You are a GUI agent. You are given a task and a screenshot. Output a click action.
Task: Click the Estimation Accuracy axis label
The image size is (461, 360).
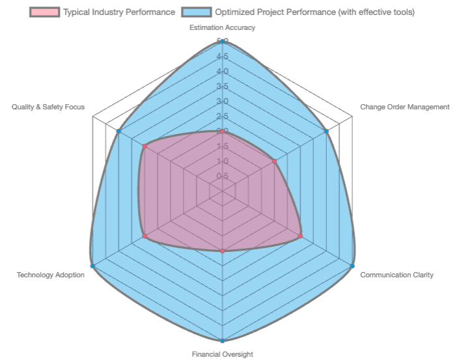pyautogui.click(x=222, y=27)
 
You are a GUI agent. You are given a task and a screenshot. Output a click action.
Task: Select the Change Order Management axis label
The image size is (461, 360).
pyautogui.click(x=404, y=107)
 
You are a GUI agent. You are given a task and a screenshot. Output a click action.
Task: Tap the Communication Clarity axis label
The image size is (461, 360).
pyautogui.click(x=397, y=275)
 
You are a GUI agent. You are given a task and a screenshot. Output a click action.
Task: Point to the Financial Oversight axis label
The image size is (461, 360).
pyautogui.click(x=222, y=354)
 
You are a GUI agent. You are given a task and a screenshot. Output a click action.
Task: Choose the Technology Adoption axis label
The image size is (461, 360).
pyautogui.click(x=51, y=275)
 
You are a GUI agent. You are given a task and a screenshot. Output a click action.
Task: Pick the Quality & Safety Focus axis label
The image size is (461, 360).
pyautogui.click(x=48, y=107)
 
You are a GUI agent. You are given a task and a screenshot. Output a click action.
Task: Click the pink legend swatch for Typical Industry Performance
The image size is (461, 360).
pyautogui.click(x=44, y=12)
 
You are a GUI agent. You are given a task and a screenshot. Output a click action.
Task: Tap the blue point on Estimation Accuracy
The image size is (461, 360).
pyautogui.click(x=223, y=41)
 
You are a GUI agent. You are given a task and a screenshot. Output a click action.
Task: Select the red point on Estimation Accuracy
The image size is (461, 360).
pyautogui.click(x=223, y=131)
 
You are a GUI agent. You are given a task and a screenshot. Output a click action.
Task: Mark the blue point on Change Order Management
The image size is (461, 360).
pyautogui.click(x=326, y=132)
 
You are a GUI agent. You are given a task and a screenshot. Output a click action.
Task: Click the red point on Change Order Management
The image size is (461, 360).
pyautogui.click(x=274, y=161)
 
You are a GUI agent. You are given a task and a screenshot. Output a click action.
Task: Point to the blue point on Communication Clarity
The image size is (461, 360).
pyautogui.click(x=352, y=266)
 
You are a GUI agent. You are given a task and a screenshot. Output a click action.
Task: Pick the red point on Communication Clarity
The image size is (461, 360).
pyautogui.click(x=300, y=236)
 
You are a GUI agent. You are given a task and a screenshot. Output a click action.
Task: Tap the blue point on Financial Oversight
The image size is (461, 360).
pyautogui.click(x=223, y=340)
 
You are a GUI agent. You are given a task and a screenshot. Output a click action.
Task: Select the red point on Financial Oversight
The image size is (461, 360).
pyautogui.click(x=223, y=251)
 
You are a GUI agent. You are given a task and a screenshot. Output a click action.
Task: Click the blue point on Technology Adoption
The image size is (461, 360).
pyautogui.click(x=92, y=266)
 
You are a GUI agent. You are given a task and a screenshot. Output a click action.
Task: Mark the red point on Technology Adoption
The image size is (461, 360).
pyautogui.click(x=145, y=236)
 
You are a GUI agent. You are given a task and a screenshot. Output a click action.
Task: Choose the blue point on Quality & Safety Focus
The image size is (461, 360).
pyautogui.click(x=119, y=132)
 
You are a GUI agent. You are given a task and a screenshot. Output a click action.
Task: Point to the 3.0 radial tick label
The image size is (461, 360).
pyautogui.click(x=222, y=102)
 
